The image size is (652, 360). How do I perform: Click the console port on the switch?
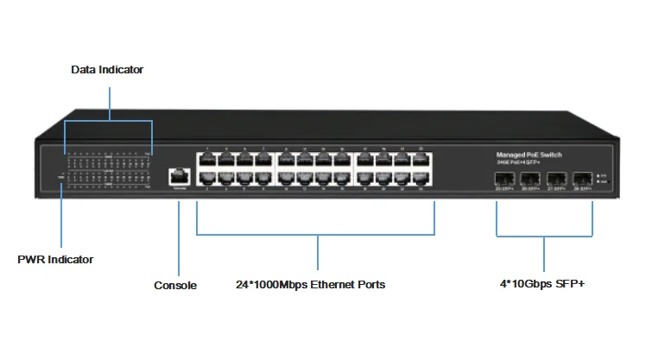point(180,175)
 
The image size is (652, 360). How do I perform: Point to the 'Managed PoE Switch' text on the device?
point(529,154)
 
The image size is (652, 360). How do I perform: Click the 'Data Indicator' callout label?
point(107,70)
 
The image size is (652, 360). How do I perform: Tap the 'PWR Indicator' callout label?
point(55,259)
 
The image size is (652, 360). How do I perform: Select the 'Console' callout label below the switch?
point(175,285)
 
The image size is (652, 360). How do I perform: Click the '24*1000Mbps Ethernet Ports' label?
point(311,285)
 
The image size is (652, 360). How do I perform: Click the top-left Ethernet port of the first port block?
point(206,160)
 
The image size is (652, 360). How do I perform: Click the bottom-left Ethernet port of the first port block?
point(206,179)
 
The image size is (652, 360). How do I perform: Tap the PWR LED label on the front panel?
point(60,177)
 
